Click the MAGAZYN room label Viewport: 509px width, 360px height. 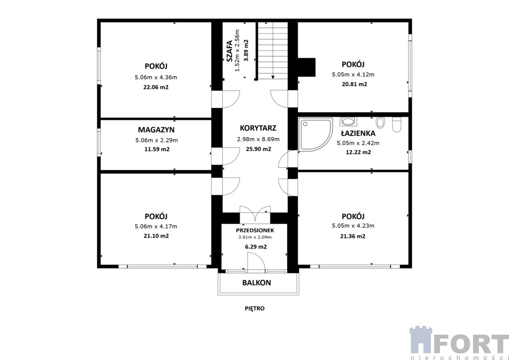click(x=156, y=130)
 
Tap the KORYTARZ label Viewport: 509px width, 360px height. click(x=258, y=128)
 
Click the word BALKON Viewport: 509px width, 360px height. click(x=256, y=283)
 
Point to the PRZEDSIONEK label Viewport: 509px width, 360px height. click(x=255, y=230)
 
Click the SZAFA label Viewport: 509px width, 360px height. click(x=229, y=51)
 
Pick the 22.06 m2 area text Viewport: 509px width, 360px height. click(x=156, y=88)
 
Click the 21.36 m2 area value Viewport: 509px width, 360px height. click(x=353, y=236)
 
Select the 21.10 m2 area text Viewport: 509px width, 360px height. click(x=156, y=236)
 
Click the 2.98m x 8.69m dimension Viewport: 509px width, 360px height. click(x=258, y=140)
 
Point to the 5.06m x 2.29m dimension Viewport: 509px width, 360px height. click(x=156, y=141)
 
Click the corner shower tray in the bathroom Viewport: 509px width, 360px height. click(x=316, y=134)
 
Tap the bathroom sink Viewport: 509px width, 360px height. click(x=348, y=121)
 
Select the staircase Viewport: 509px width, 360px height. click(x=273, y=50)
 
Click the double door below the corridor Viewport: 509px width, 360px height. click(x=255, y=214)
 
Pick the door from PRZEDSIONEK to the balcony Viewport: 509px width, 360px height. click(x=255, y=262)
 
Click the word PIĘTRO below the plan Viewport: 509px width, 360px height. click(x=254, y=308)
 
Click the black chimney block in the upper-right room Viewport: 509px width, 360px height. click(x=307, y=67)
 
